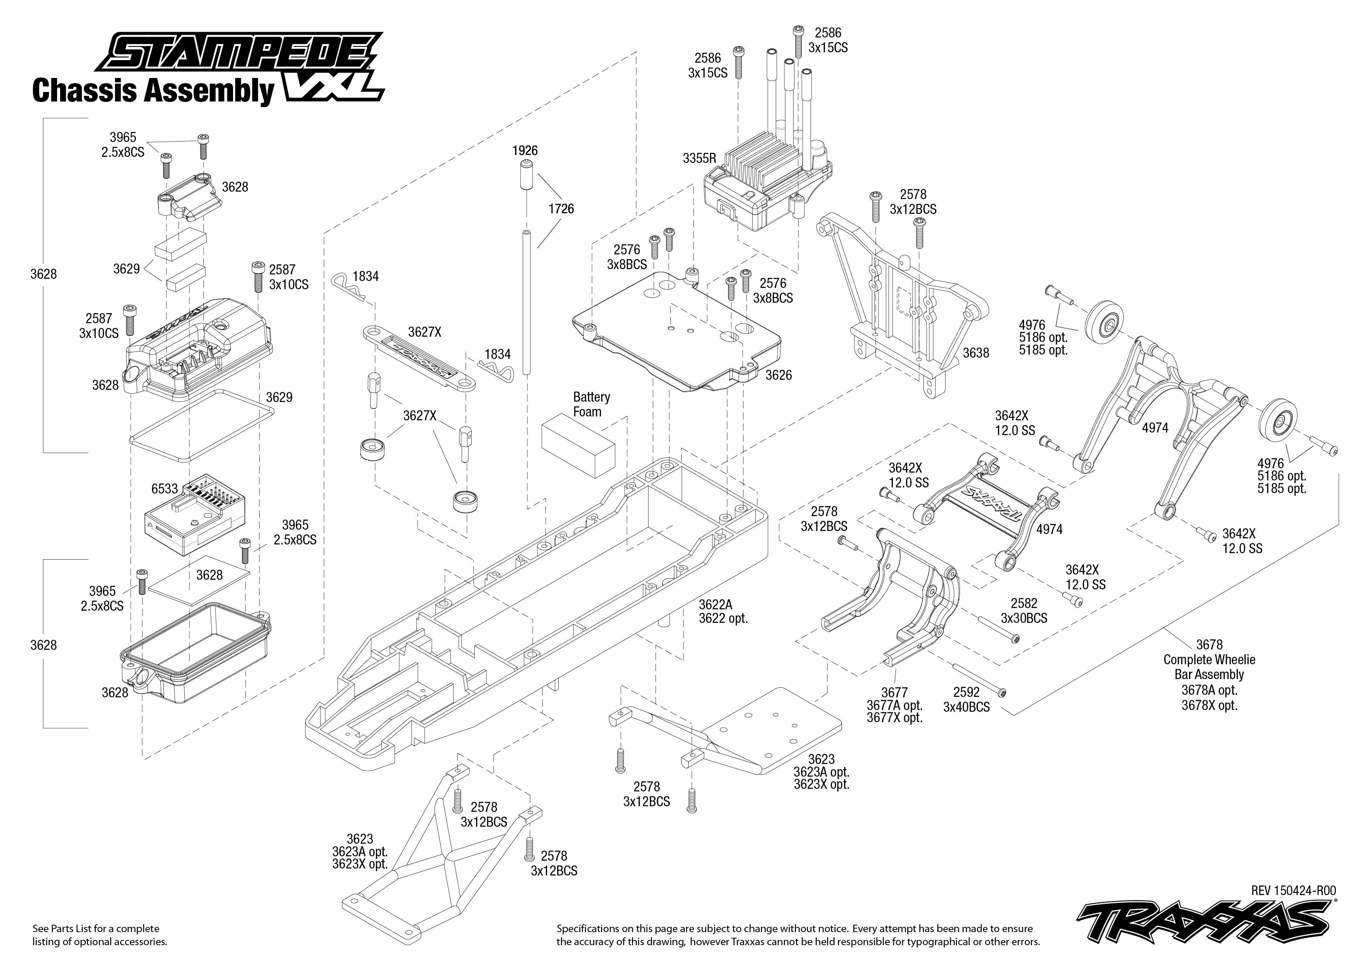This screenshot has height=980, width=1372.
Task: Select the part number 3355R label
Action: (x=699, y=159)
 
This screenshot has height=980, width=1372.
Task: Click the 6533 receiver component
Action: (x=195, y=514)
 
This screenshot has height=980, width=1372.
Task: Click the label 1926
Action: (x=525, y=151)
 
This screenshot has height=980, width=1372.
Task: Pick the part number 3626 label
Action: (x=778, y=375)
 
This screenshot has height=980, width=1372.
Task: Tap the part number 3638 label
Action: (x=976, y=353)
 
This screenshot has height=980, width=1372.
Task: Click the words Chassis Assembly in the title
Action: (x=153, y=91)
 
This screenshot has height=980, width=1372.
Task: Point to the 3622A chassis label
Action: (x=716, y=605)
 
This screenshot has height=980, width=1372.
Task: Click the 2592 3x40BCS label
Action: (x=966, y=700)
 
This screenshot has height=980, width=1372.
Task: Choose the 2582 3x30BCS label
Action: (x=1024, y=611)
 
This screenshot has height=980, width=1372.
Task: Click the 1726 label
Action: (x=561, y=209)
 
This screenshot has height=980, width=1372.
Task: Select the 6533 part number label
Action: (x=165, y=489)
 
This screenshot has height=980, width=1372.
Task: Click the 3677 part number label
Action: (x=894, y=693)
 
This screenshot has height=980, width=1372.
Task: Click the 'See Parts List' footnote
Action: (x=100, y=935)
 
